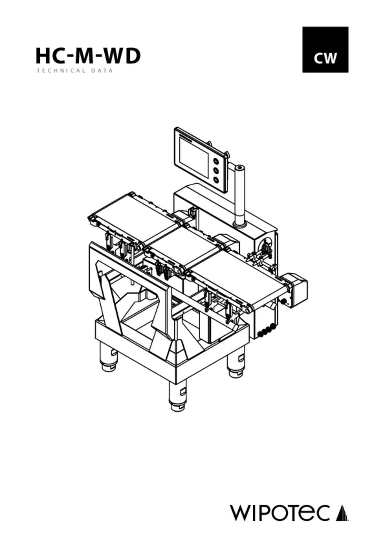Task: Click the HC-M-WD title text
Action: (88, 56)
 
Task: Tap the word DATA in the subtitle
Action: (103, 71)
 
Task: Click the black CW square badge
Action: (325, 50)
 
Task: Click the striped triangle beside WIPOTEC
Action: (343, 513)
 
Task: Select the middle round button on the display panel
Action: (216, 170)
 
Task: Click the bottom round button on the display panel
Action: (216, 180)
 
